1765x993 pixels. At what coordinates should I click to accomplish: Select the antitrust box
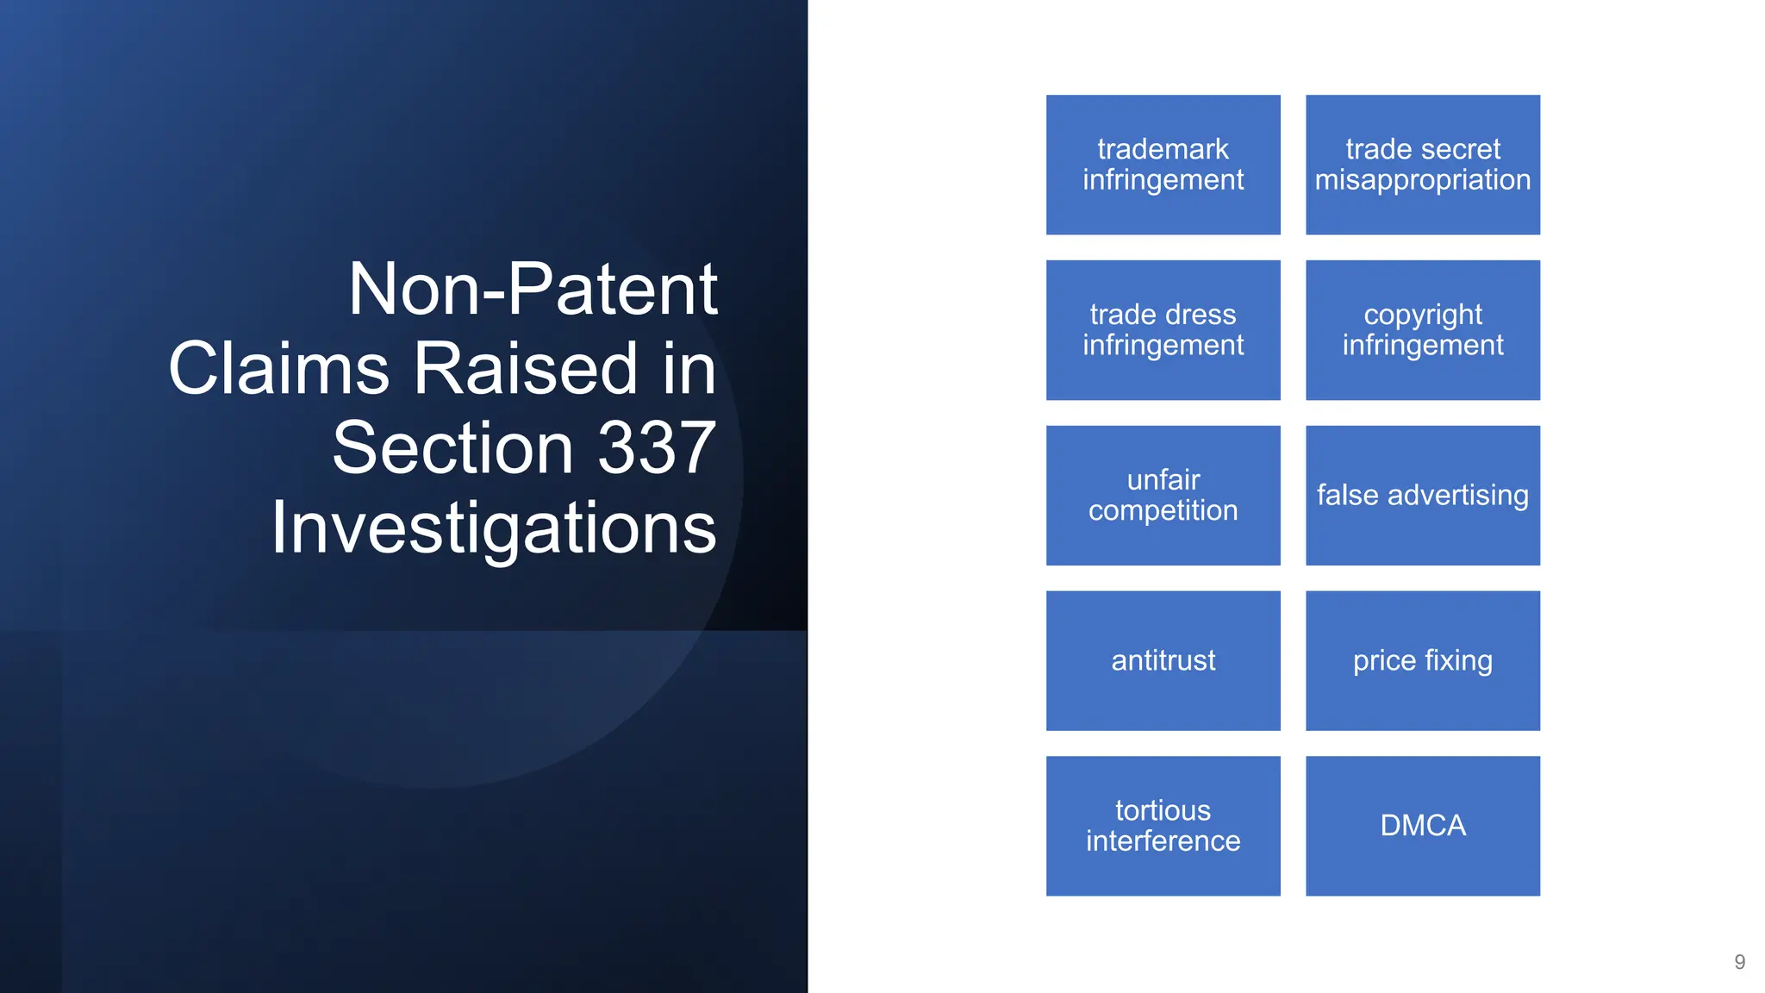[x=1163, y=661]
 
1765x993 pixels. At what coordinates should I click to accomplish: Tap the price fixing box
[x=1422, y=661]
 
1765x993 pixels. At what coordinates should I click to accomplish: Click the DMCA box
[x=1422, y=826]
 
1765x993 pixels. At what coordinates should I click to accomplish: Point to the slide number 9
[x=1739, y=962]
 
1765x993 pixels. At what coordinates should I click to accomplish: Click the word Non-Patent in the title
[x=533, y=290]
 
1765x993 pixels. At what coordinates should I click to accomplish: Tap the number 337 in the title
[x=656, y=448]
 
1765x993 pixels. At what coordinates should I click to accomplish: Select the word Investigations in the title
[x=494, y=528]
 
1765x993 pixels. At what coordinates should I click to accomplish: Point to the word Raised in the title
[x=527, y=369]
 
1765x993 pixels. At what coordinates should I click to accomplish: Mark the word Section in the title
[x=452, y=448]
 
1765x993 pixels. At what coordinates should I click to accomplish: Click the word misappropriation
[x=1422, y=180]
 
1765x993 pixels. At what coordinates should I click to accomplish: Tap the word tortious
[x=1163, y=810]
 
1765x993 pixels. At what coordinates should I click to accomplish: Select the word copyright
[x=1422, y=315]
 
